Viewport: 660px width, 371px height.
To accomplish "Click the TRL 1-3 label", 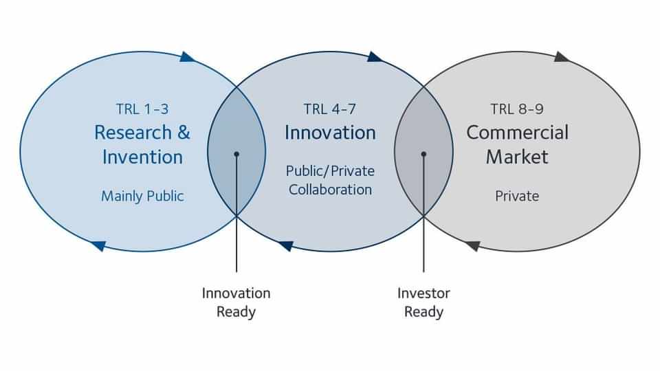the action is click(142, 109).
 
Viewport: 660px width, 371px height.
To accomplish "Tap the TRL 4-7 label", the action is click(329, 109).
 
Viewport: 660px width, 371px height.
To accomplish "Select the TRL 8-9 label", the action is click(517, 109).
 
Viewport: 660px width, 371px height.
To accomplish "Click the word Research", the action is click(133, 133).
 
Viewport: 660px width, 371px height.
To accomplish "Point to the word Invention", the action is click(142, 157).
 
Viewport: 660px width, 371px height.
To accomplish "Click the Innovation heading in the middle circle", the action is click(330, 133).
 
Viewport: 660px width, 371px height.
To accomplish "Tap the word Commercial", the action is click(517, 133).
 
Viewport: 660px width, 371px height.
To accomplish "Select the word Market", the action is click(517, 157).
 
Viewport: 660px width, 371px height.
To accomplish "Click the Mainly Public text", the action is click(142, 196).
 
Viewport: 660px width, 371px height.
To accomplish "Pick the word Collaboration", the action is click(330, 190).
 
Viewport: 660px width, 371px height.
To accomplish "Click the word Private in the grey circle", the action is click(517, 196).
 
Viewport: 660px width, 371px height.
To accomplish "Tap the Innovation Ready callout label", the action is click(236, 302).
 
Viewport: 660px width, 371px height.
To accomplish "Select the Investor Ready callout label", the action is click(423, 302).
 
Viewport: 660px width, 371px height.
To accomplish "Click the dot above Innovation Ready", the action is click(236, 155).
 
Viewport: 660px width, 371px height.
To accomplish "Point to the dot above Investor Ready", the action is click(423, 155).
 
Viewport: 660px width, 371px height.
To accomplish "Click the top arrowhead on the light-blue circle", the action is click(187, 57).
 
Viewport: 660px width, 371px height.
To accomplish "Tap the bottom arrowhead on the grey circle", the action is click(473, 246).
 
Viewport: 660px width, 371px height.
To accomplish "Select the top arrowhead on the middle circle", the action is click(374, 57).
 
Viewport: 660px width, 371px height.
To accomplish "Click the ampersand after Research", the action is click(184, 133).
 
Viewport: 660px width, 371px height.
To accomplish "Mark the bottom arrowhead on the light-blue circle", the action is click(98, 246).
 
